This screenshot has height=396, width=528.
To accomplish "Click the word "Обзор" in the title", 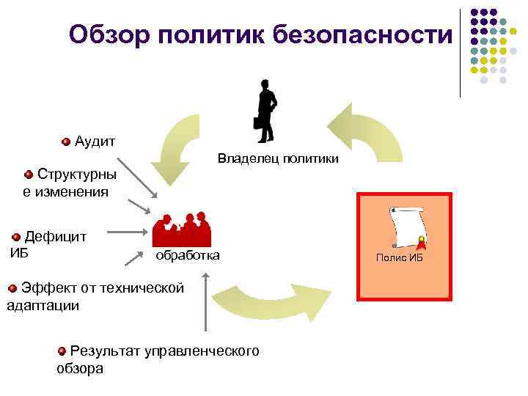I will (109, 34).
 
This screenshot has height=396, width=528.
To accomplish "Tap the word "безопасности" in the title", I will (364, 34).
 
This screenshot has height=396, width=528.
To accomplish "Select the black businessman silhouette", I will (265, 109).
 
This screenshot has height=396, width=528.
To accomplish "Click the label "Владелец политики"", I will (278, 158).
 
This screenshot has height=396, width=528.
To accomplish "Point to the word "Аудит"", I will (95, 141).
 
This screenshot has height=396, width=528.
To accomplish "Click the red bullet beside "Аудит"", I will (66, 141).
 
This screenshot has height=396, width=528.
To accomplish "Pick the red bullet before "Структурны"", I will (29, 175).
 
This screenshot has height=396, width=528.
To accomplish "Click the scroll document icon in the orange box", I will (408, 228).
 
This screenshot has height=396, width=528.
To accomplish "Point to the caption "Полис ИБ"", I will (400, 258).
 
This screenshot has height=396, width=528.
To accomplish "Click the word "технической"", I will (139, 287).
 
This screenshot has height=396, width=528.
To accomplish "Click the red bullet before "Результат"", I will (62, 351).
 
